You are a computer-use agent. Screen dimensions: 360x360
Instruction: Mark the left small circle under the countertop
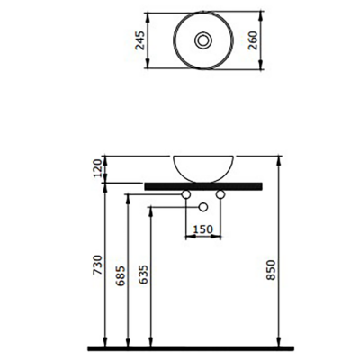[186, 193]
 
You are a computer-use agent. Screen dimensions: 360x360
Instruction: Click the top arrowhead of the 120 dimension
[106, 157]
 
